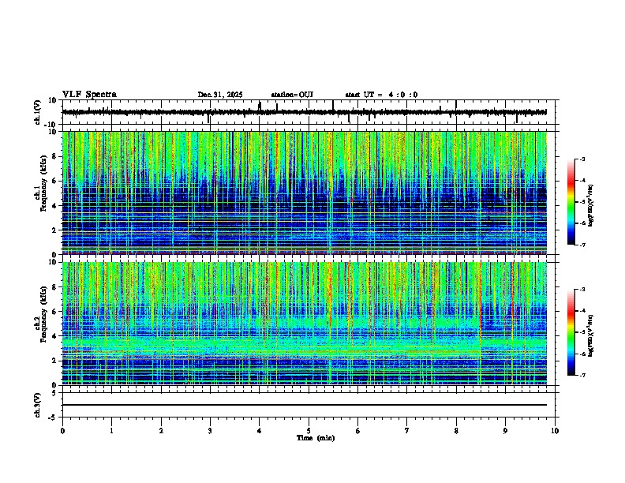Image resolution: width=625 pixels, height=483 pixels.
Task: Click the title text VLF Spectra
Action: pyautogui.click(x=89, y=95)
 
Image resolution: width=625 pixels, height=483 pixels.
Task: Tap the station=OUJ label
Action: pyautogui.click(x=292, y=95)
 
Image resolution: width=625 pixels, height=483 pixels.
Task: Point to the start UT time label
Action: pyautogui.click(x=381, y=95)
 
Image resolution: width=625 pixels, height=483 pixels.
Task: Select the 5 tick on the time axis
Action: pyautogui.click(x=309, y=430)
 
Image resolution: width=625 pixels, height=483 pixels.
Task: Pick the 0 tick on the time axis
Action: pyautogui.click(x=62, y=430)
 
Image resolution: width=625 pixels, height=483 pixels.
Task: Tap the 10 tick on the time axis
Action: pyautogui.click(x=555, y=430)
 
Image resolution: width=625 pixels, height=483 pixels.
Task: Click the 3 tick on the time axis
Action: pyautogui.click(x=210, y=430)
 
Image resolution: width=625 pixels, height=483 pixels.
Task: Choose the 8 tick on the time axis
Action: pyautogui.click(x=456, y=430)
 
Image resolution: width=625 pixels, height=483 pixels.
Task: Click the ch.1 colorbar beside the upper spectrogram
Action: pyautogui.click(x=571, y=202)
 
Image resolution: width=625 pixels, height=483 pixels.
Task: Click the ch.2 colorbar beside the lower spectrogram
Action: pyautogui.click(x=571, y=332)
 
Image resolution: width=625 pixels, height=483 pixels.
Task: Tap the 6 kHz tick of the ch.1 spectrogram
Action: pyautogui.click(x=55, y=181)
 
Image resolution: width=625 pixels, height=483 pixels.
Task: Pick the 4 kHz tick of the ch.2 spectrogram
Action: pyautogui.click(x=55, y=335)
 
